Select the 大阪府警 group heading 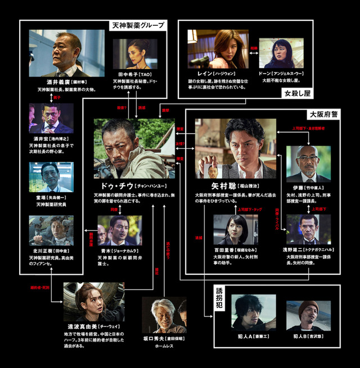pyautogui.click(x=323, y=113)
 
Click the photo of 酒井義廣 pyautogui.click(x=59, y=53)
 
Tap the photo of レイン pyautogui.click(x=218, y=49)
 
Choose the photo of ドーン pyautogui.click(x=281, y=53)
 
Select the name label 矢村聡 pyautogui.click(x=214, y=185)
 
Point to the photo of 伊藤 pyautogui.click(x=308, y=163)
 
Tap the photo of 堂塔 pyautogui.click(x=51, y=177)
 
